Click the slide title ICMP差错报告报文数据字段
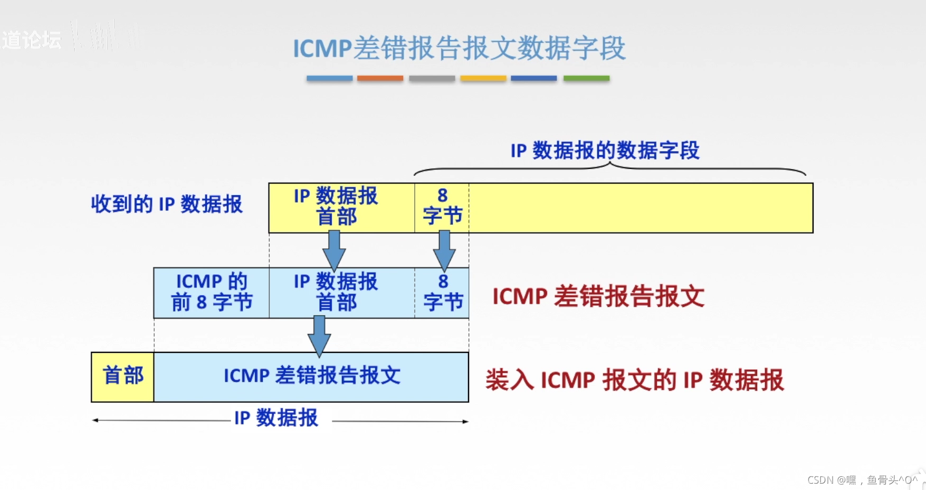pyautogui.click(x=459, y=49)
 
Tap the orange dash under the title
pyautogui.click(x=380, y=78)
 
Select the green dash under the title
pyautogui.click(x=586, y=78)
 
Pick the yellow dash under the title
pyautogui.click(x=483, y=78)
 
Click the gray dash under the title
pyautogui.click(x=432, y=78)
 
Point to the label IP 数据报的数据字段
pyautogui.click(x=605, y=151)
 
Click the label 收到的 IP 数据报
pyautogui.click(x=167, y=204)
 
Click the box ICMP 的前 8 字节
pyautogui.click(x=212, y=293)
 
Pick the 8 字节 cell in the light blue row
pyautogui.click(x=442, y=293)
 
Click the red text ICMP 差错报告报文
pyautogui.click(x=598, y=296)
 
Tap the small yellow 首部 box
pyautogui.click(x=123, y=377)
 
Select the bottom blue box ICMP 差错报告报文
pyautogui.click(x=311, y=377)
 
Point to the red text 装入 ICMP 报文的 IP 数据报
pyautogui.click(x=635, y=380)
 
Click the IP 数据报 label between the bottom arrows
pyautogui.click(x=276, y=418)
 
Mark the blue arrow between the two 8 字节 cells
pyautogui.click(x=444, y=251)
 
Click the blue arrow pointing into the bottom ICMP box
pyautogui.click(x=319, y=335)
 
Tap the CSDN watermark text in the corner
pyautogui.click(x=862, y=480)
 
